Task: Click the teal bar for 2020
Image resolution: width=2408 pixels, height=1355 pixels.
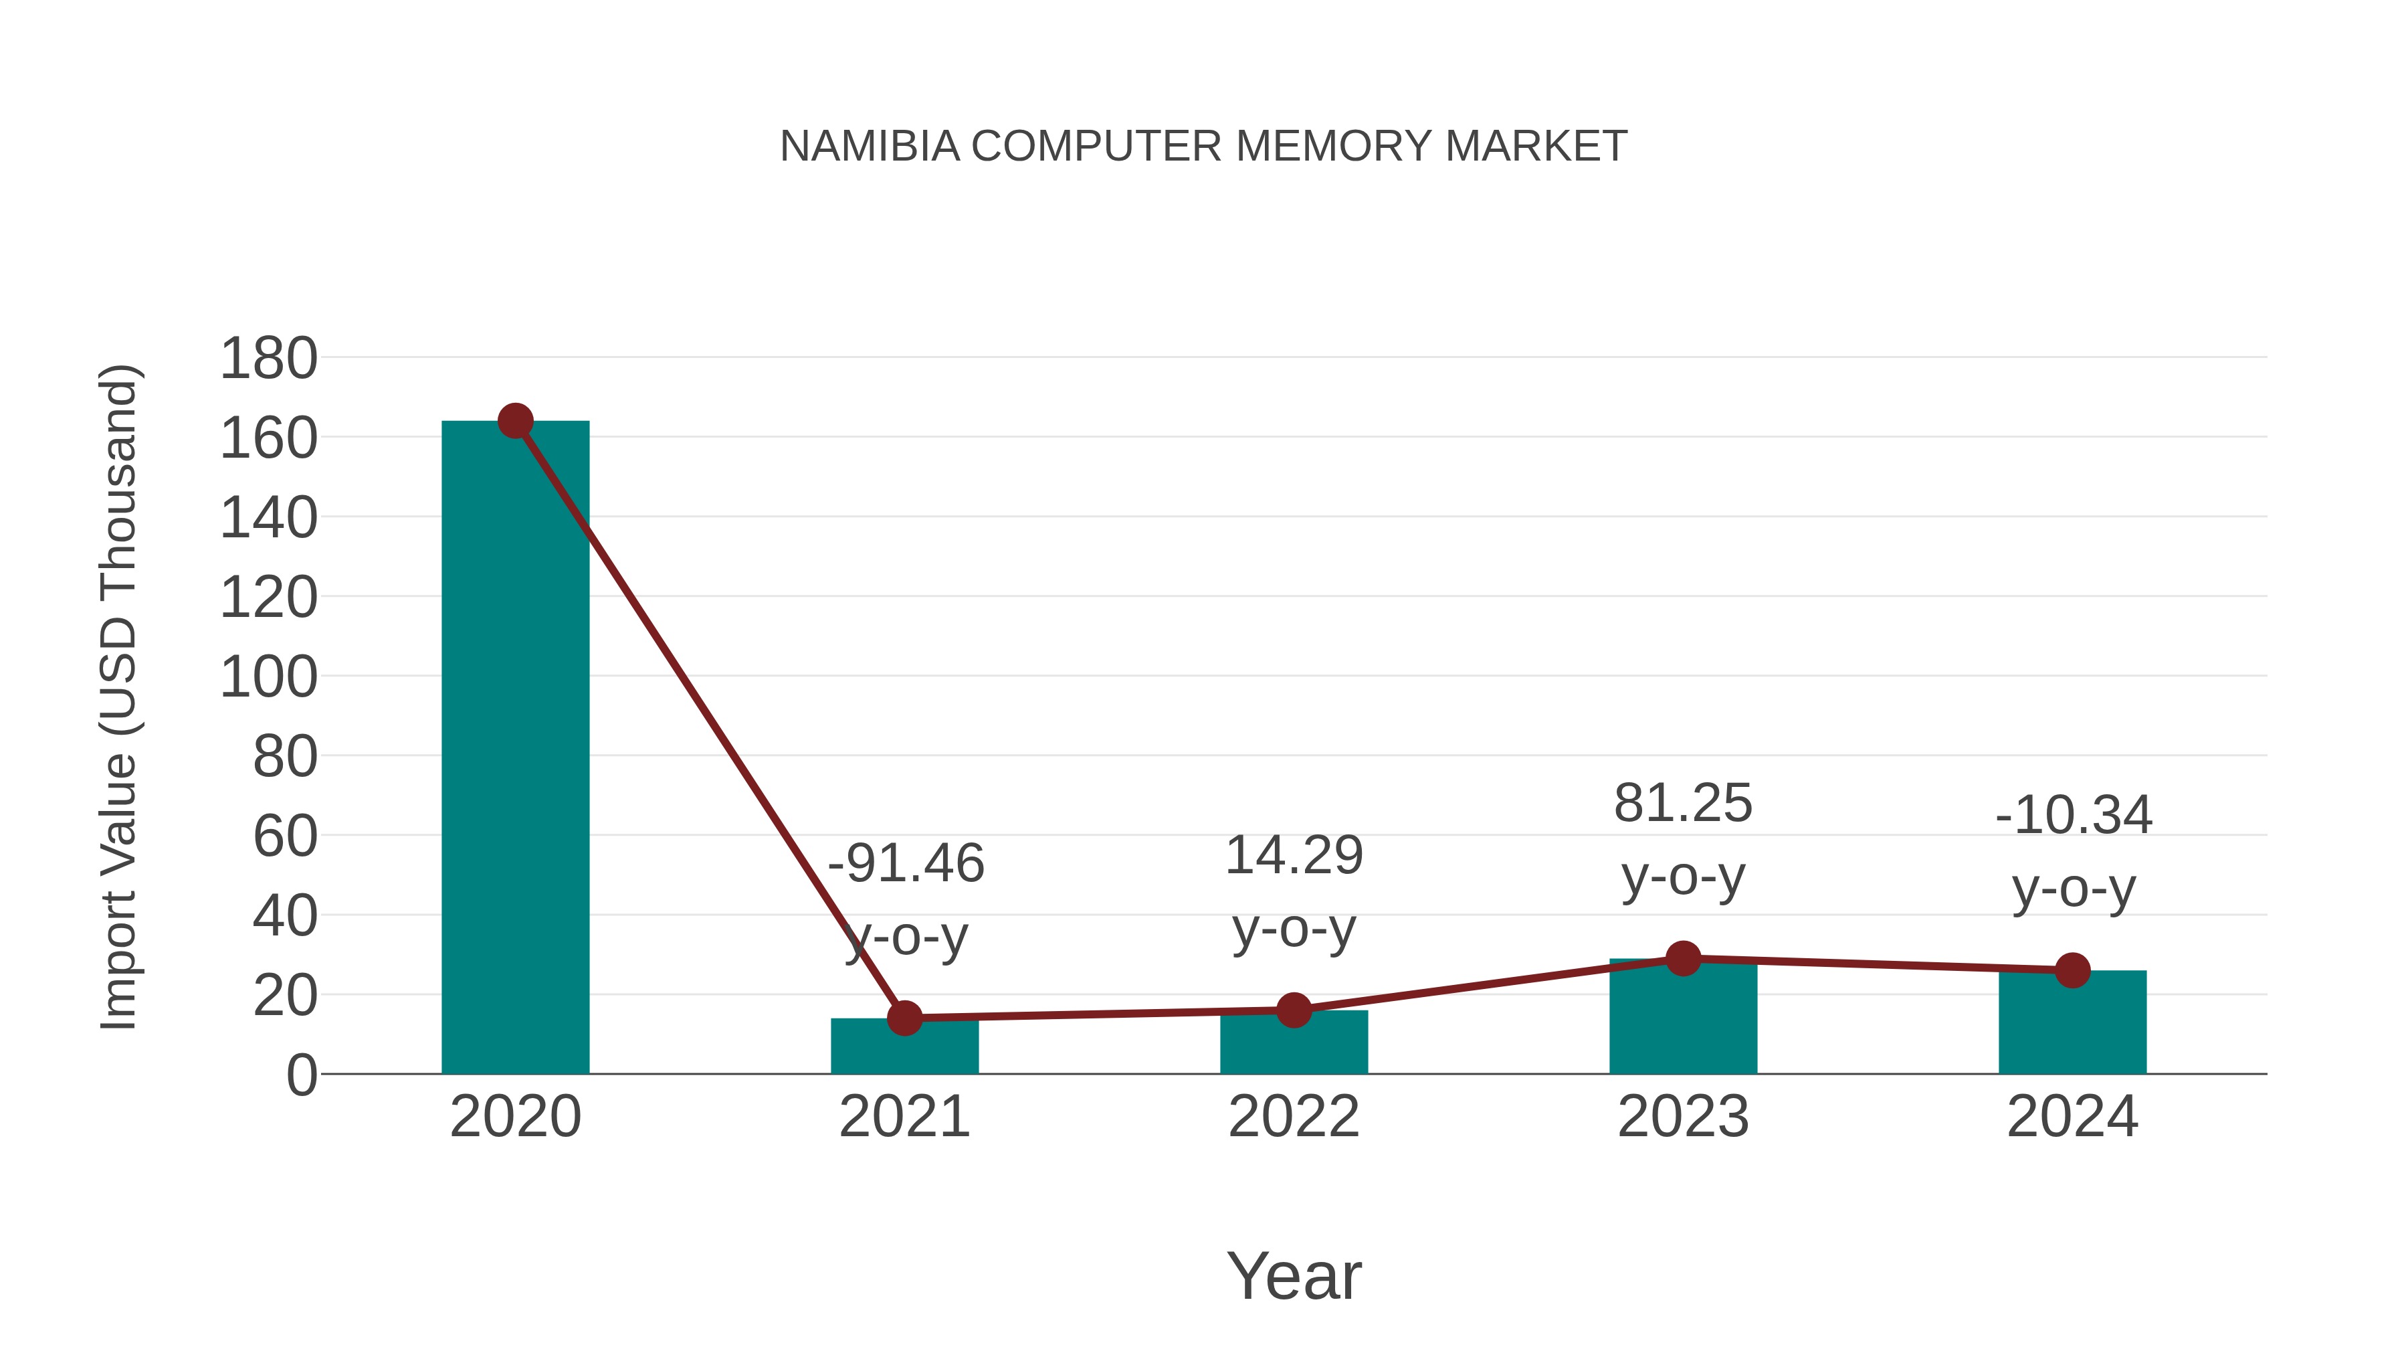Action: (515, 748)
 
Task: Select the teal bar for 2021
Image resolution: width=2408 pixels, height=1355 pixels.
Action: (904, 1049)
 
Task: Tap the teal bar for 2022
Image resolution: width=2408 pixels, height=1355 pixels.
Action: (1294, 1044)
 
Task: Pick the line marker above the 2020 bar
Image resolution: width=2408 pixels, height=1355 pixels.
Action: (515, 421)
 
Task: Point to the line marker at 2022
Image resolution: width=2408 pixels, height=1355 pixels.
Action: (1294, 1010)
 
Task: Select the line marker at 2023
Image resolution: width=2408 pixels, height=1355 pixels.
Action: (1683, 958)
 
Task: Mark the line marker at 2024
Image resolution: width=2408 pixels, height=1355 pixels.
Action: (2072, 971)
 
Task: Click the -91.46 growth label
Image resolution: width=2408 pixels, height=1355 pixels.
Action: (906, 863)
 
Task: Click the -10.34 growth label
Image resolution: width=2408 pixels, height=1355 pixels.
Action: (2074, 816)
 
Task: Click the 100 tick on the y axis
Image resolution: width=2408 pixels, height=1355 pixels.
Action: (268, 677)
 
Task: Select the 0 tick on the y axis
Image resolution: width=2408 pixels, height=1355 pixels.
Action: (301, 1075)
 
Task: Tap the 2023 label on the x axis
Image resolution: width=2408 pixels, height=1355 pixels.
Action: (1683, 1117)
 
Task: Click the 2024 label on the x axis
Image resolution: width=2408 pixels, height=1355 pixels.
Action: (2072, 1117)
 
